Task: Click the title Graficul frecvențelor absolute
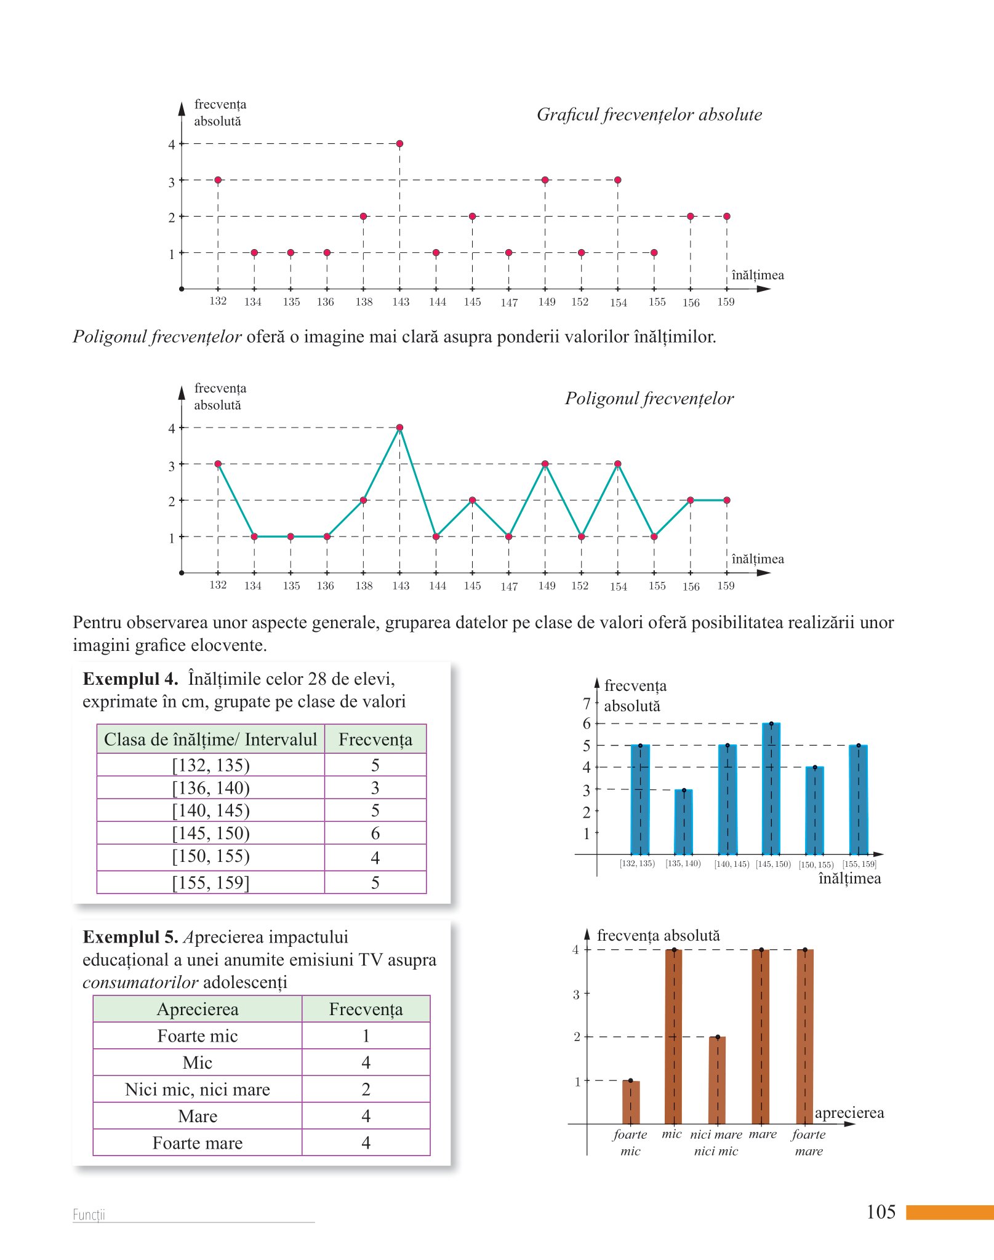tap(649, 115)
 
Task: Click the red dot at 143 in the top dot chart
tap(399, 144)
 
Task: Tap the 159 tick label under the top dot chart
tap(726, 302)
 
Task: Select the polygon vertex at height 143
tap(399, 428)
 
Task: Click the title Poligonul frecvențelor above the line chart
tap(649, 399)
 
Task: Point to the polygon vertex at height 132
tap(218, 464)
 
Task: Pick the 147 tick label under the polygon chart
tap(509, 586)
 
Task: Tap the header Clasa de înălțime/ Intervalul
tap(210, 739)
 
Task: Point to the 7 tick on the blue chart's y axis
tap(587, 703)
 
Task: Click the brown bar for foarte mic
tap(631, 1102)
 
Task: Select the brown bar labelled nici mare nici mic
tap(717, 1081)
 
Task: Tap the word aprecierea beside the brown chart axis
tap(849, 1113)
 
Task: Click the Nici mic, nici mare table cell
tap(198, 1090)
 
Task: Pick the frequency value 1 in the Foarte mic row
tap(366, 1036)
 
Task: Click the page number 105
tap(881, 1212)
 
